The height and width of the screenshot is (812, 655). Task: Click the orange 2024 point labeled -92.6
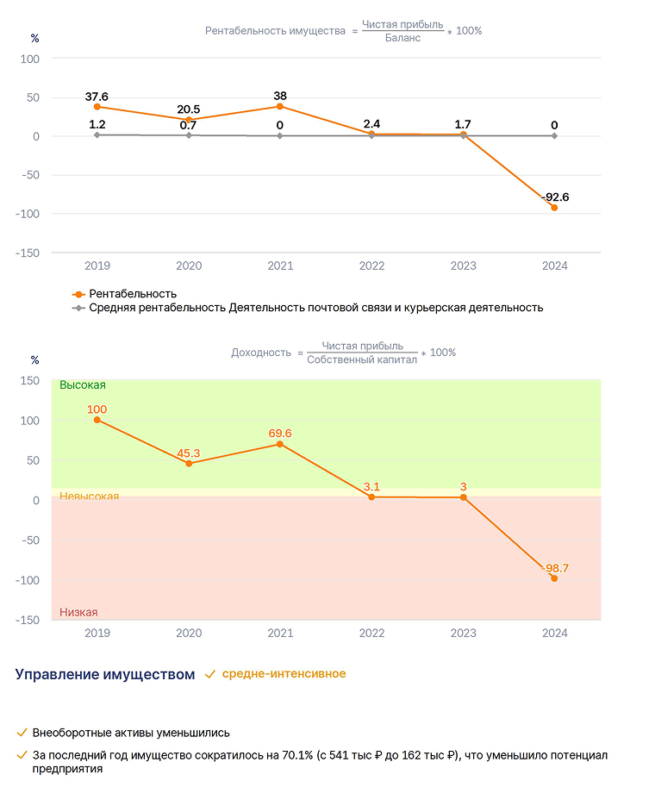554,208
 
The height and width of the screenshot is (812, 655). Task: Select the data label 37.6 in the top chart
97,97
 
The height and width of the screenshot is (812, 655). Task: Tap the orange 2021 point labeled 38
280,107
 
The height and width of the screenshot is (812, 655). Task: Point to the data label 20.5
189,109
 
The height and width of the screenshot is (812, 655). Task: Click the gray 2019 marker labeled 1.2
97,134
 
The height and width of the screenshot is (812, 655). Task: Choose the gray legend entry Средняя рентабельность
308,308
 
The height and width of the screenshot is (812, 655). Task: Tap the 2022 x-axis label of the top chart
371,266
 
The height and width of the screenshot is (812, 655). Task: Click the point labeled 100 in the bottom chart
97,420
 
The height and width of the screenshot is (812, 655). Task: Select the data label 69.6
280,434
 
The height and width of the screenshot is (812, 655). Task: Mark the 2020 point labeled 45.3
189,464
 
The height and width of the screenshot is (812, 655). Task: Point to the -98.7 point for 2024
554,578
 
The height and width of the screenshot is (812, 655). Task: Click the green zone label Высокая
83,385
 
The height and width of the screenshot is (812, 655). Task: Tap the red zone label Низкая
78,612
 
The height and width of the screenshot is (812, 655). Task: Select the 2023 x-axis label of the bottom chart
463,634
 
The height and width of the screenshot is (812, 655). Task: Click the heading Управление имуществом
105,675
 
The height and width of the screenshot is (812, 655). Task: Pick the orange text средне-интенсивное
284,674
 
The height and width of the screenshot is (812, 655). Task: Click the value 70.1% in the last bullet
297,756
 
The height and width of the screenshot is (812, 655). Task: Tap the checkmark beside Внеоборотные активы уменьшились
22,733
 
